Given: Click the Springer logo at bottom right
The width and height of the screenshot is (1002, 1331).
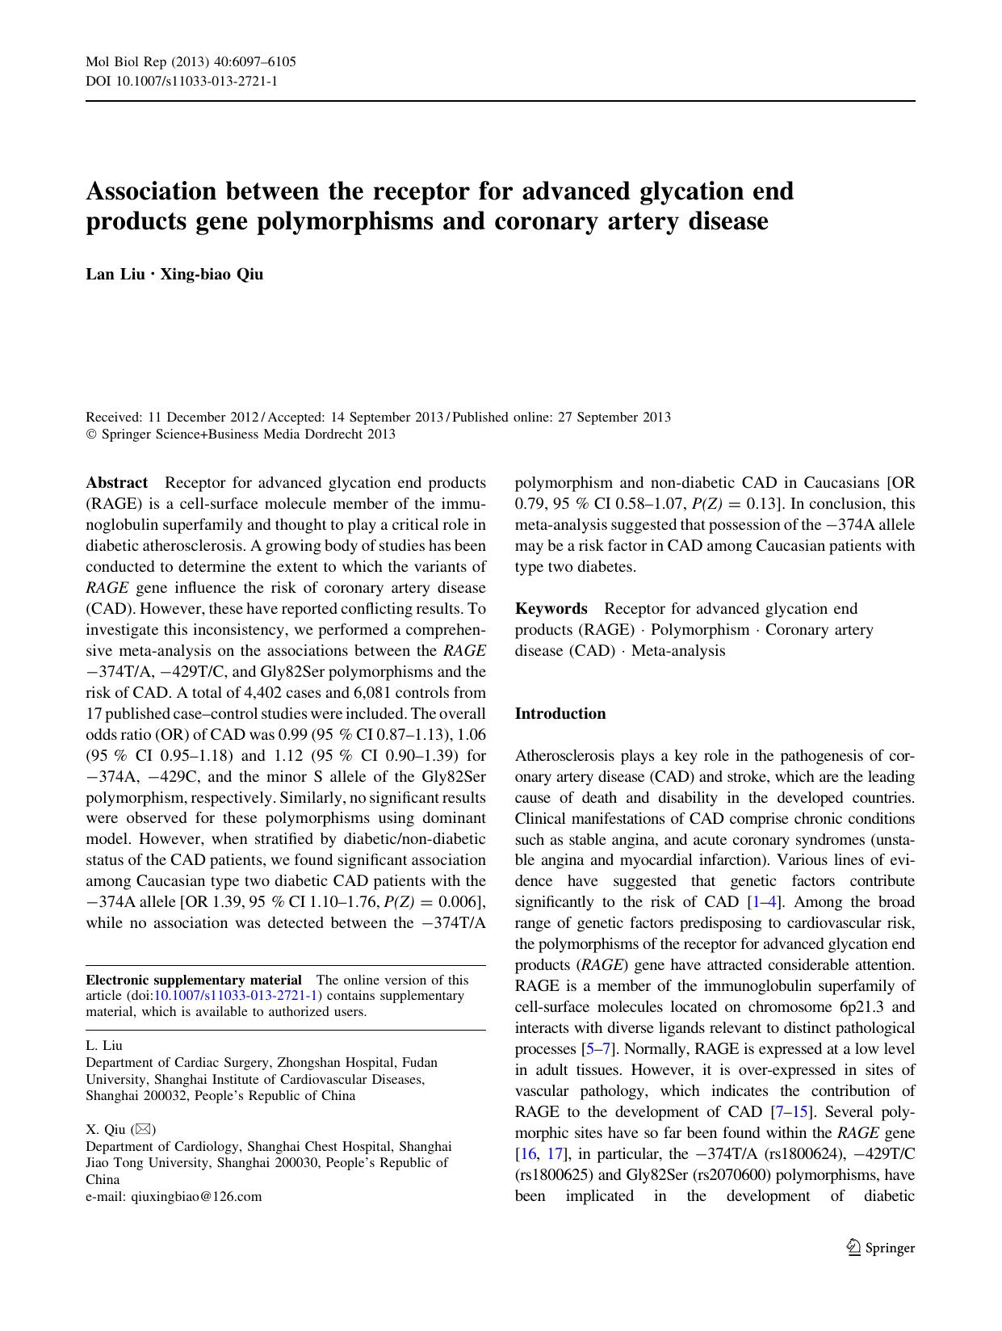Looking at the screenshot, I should [881, 1248].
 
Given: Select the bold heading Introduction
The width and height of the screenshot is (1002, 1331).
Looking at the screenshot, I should [560, 713].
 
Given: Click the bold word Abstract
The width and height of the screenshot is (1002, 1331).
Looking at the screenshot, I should [117, 482].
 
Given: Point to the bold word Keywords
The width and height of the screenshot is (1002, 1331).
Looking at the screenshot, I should [551, 608].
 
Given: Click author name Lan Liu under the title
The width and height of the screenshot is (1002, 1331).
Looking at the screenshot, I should [115, 274].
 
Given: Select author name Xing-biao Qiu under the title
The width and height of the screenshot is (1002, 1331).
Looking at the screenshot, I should [212, 274].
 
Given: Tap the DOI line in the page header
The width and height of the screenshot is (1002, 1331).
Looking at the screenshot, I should [182, 81].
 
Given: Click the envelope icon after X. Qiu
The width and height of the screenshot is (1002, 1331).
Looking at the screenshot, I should [145, 1129].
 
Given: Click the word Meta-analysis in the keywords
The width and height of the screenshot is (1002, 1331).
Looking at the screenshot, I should [678, 650].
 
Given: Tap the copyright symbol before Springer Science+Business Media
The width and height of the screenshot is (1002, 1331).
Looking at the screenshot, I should [91, 435].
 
